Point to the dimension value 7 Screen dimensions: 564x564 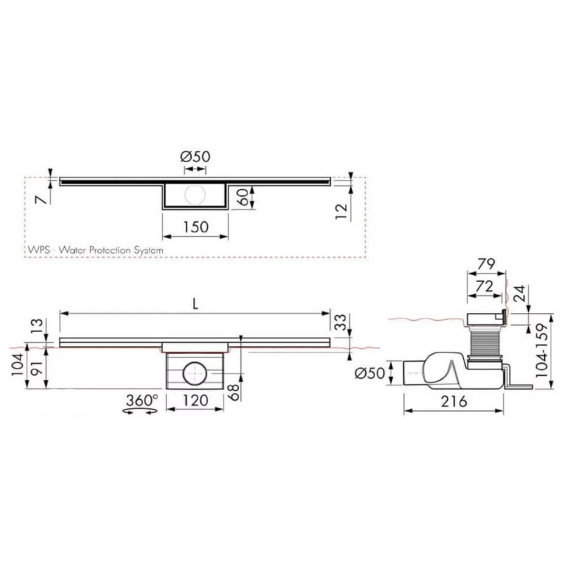[42, 200]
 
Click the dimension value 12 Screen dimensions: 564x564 [342, 209]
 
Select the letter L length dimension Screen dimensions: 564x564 [195, 304]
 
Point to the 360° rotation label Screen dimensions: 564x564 [141, 400]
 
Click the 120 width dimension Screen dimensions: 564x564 [194, 400]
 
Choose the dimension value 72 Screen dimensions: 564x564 [484, 286]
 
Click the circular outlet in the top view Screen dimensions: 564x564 [195, 197]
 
